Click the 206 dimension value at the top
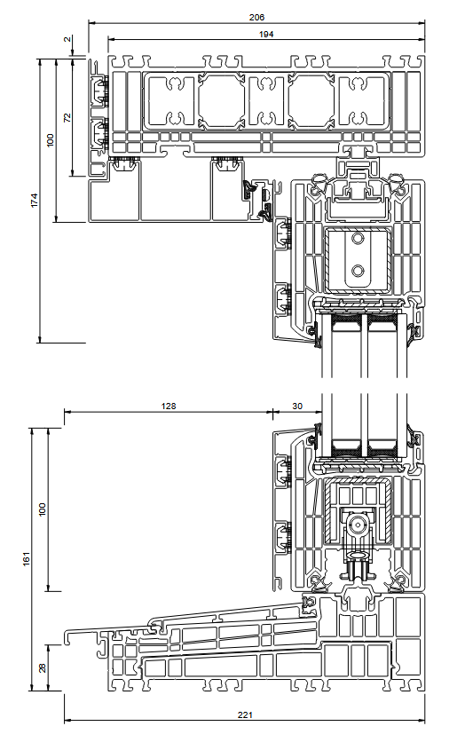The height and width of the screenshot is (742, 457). coord(256,17)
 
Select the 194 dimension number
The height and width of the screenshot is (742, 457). coord(266,34)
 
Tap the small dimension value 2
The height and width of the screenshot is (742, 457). coord(67,40)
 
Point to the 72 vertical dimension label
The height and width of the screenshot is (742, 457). coord(67,117)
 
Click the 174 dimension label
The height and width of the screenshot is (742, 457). coord(34,200)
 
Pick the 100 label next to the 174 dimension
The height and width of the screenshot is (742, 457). coord(51,140)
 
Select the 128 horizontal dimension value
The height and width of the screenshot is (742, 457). coord(169,406)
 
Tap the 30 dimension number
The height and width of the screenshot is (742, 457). coord(297,406)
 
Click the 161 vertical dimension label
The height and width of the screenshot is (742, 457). coord(27,558)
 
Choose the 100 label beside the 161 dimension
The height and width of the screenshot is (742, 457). coord(43,509)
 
